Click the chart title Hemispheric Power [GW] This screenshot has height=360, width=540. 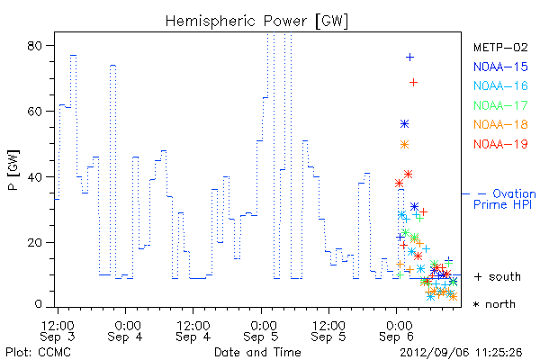tap(256, 21)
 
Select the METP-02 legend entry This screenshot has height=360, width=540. tap(500, 47)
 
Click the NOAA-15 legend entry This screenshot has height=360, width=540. tap(500, 67)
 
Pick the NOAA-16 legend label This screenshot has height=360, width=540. tap(500, 85)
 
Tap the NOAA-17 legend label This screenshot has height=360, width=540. tap(500, 105)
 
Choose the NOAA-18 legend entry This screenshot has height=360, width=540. tap(500, 124)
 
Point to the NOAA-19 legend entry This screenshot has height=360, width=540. tap(500, 144)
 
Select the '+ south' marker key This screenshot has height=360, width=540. tap(498, 276)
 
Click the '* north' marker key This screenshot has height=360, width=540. tap(494, 304)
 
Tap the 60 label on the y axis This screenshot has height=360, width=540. tap(34, 112)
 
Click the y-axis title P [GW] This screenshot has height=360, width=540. tap(13, 170)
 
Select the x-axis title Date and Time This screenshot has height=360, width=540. tap(257, 352)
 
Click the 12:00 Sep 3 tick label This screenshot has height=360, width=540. tap(58, 331)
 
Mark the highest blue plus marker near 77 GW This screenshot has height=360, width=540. tap(409, 58)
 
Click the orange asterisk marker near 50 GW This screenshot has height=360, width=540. tap(405, 144)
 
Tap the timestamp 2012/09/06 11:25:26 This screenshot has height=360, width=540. tap(461, 353)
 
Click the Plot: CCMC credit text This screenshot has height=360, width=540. tap(38, 353)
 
